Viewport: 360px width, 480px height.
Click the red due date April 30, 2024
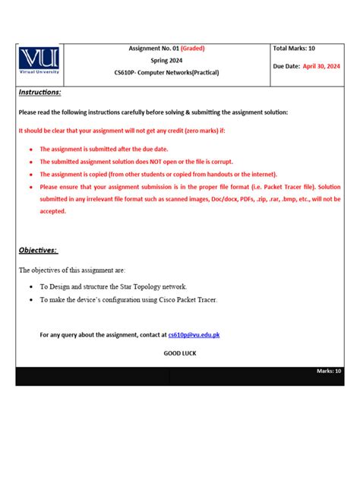coord(321,66)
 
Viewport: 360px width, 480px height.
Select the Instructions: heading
coord(39,92)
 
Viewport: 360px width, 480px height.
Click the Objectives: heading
coord(38,251)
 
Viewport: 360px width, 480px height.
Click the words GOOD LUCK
coord(180,353)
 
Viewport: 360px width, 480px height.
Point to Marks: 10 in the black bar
coord(329,371)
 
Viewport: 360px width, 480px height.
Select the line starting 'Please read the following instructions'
coord(153,112)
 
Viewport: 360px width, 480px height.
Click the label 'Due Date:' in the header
coord(286,66)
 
